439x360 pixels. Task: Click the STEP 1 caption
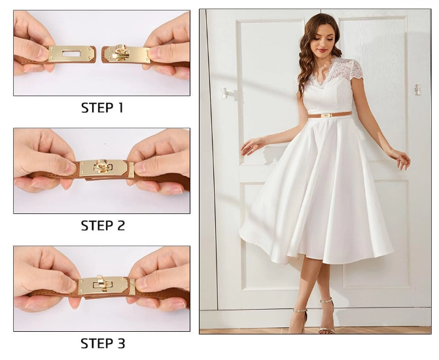(102, 107)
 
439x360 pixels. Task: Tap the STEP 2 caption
(103, 226)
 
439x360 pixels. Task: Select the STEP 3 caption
(103, 344)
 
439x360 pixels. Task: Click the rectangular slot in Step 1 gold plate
(71, 53)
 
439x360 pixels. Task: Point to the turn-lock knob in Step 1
(120, 52)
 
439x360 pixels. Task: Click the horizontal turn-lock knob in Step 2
(103, 166)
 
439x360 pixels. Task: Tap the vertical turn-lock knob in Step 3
(101, 283)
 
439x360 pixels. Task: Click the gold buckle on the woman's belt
(326, 115)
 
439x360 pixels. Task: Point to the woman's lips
(323, 50)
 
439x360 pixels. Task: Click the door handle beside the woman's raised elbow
(224, 94)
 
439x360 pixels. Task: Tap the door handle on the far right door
(417, 90)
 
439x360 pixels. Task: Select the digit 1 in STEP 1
(120, 107)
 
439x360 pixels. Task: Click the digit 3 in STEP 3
(121, 344)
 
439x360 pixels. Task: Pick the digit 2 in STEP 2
(121, 226)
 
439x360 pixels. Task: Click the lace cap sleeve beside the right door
(353, 70)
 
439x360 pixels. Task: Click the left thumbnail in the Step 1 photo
(43, 52)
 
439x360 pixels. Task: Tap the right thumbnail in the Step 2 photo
(141, 168)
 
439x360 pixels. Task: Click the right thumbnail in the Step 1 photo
(154, 52)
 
